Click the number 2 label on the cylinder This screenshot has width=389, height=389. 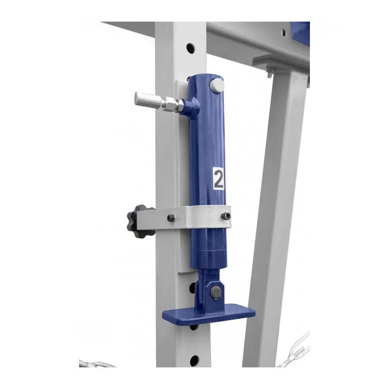click(218, 179)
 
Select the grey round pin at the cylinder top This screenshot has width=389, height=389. click(217, 86)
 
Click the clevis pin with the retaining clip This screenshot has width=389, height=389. click(217, 292)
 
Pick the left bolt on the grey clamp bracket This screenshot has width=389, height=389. click(171, 218)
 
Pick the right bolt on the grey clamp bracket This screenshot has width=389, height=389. click(226, 216)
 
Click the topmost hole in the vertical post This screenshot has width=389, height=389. click(191, 48)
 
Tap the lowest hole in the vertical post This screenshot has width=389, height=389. click(194, 360)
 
